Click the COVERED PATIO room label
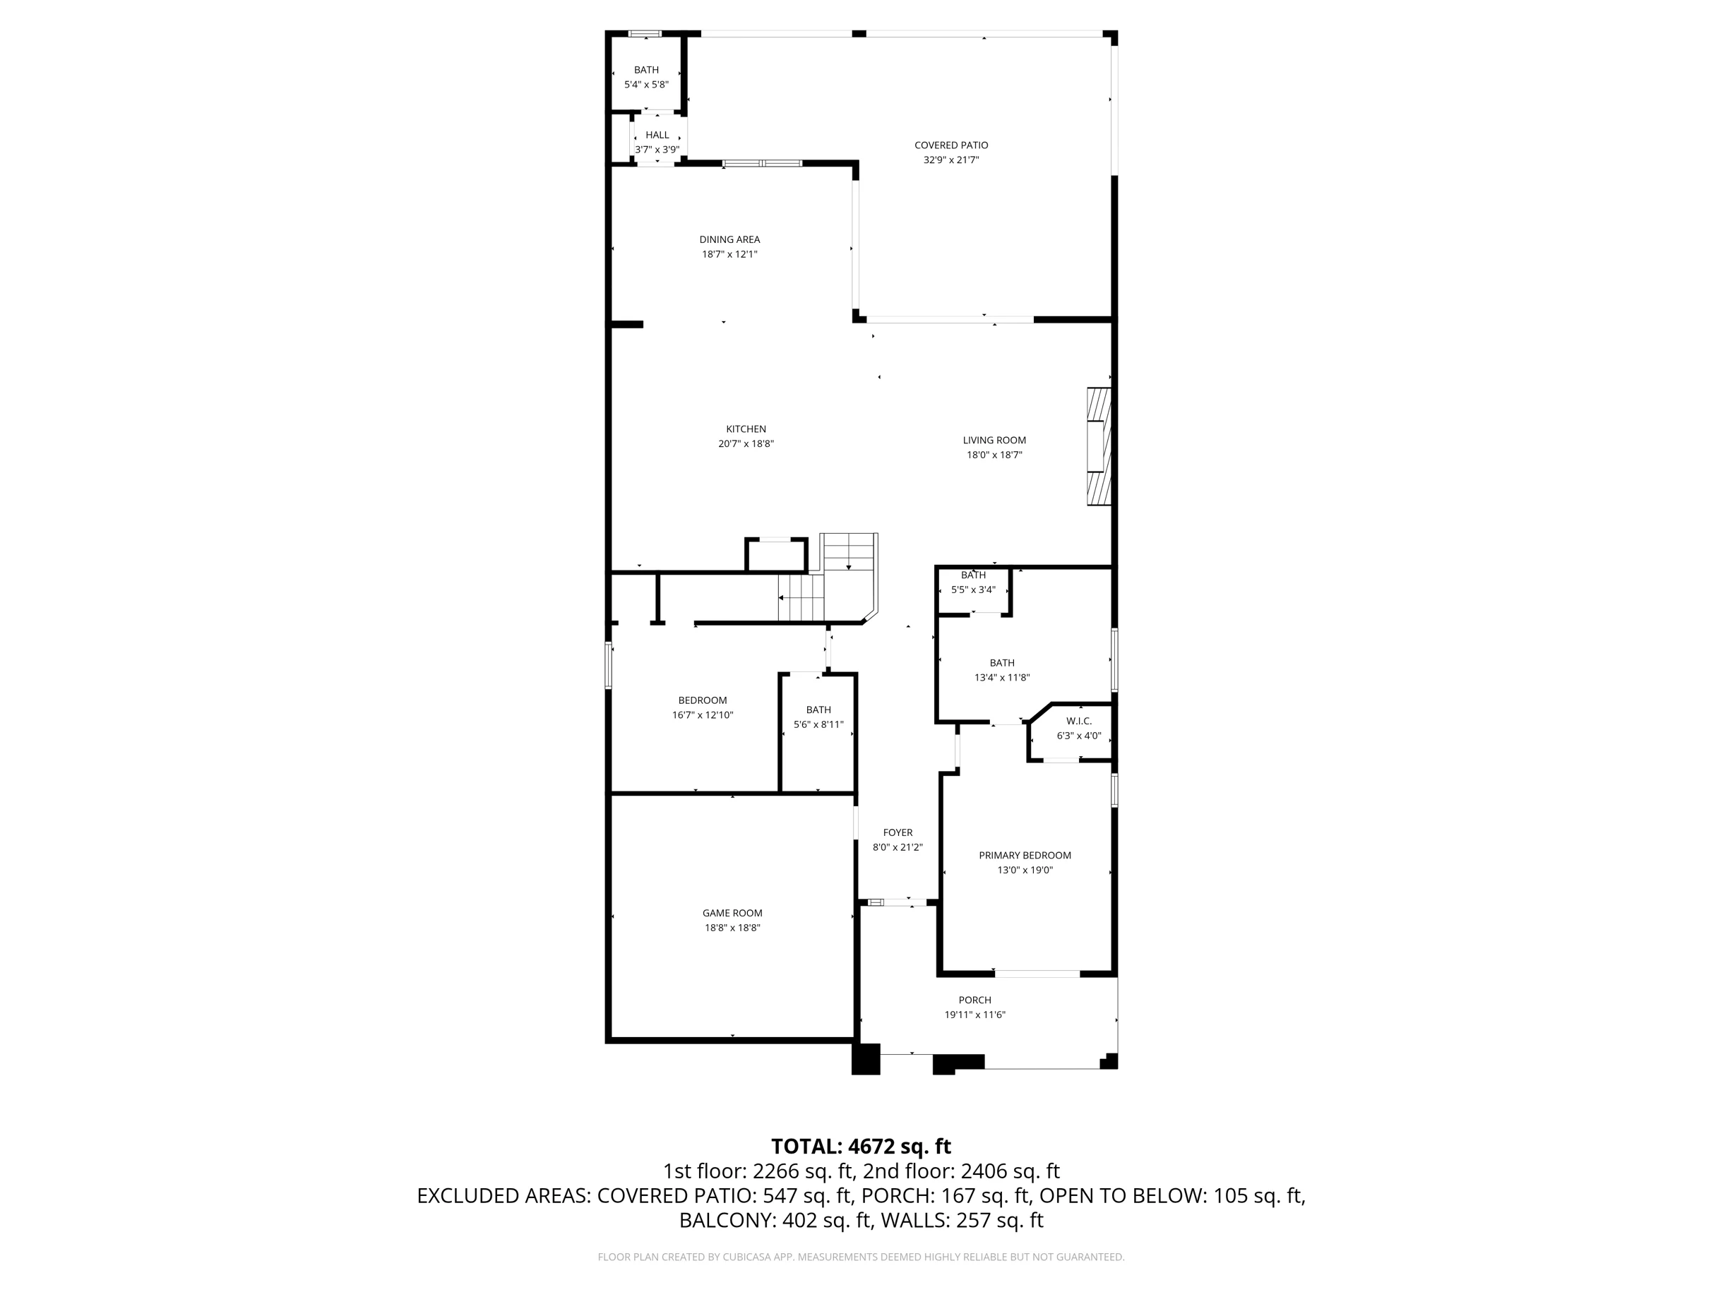click(x=951, y=145)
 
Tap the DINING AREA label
click(x=729, y=239)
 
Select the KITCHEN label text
click(x=746, y=429)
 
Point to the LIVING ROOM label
click(x=994, y=440)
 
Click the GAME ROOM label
click(x=732, y=913)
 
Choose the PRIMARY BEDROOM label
click(x=1025, y=855)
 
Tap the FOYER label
click(x=898, y=832)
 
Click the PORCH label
click(x=974, y=1000)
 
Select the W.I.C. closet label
click(x=1079, y=721)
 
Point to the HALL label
click(x=657, y=135)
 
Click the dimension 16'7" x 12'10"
click(x=703, y=715)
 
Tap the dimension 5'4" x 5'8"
click(x=645, y=84)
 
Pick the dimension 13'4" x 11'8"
click(x=1002, y=678)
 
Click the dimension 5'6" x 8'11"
click(x=818, y=724)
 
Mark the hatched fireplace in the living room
click(x=1099, y=446)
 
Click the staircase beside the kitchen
click(x=828, y=577)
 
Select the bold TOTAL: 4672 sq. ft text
click(x=861, y=1147)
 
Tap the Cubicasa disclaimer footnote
click(x=861, y=1256)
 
